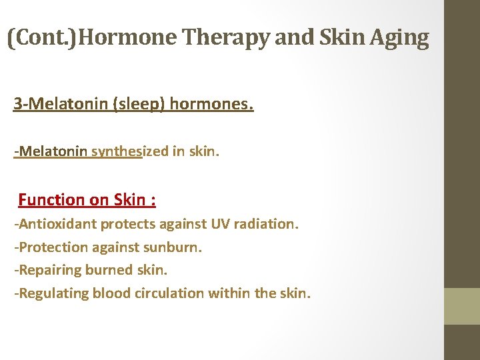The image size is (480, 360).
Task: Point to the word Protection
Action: pos(51,247)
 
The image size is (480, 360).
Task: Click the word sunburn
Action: pos(175,247)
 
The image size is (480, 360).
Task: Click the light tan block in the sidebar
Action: pos(462,306)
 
